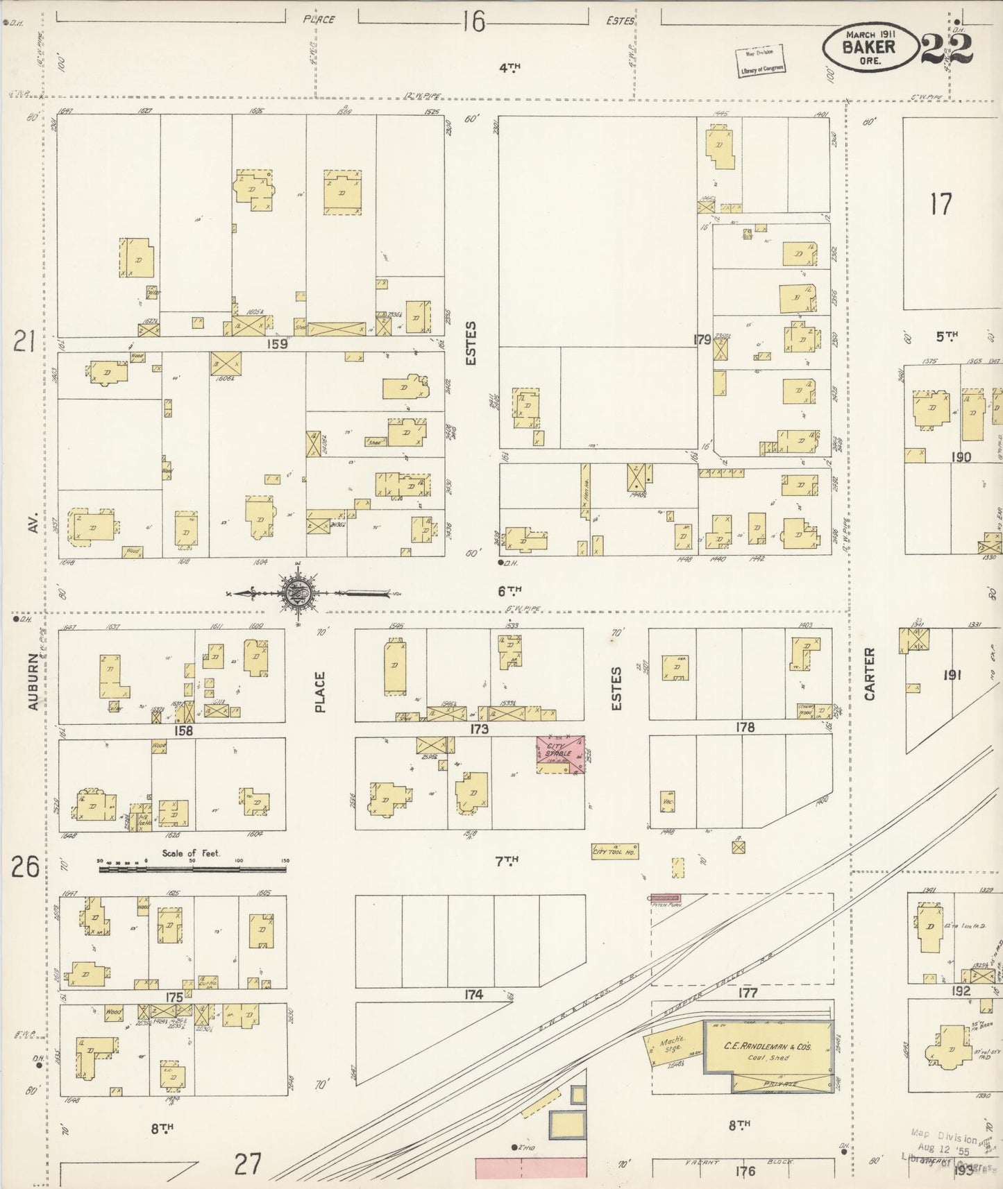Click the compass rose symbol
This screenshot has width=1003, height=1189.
click(298, 593)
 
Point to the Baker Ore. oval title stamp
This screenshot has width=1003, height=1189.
click(868, 48)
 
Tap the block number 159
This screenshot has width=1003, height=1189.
click(279, 343)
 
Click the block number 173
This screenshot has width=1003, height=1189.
click(478, 729)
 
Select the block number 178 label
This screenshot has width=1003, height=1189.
click(744, 727)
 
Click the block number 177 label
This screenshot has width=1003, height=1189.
click(747, 993)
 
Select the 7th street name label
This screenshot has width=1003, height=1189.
click(507, 861)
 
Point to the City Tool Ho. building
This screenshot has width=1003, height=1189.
click(615, 851)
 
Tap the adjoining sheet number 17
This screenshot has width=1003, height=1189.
click(941, 204)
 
